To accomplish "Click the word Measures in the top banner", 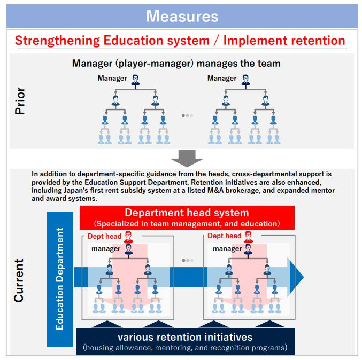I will tap(182, 16).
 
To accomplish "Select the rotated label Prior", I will tap(20, 102).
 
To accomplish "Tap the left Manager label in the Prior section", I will tap(112, 79).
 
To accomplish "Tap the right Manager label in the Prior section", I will tap(222, 79).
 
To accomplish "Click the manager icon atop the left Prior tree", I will tap(135, 79).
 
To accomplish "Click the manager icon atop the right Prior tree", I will tap(245, 79).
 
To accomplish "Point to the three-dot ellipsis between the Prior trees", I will tap(187, 115).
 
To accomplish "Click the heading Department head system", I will tap(187, 213).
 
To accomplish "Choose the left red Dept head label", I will tap(104, 236).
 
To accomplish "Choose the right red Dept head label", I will tap(225, 236).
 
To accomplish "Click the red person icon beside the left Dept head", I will tap(128, 236).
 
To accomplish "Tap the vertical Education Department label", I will tap(60, 278).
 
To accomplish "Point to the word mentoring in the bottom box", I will tap(175, 348).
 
